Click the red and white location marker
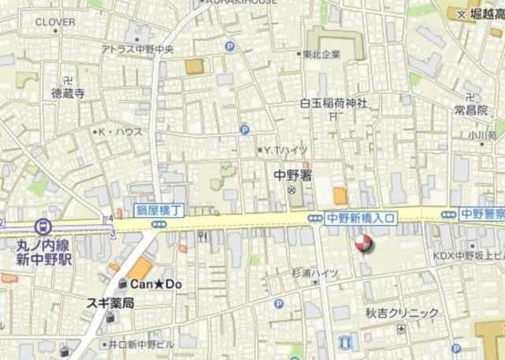(362, 245)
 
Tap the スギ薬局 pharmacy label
(110, 302)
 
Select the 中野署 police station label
(294, 177)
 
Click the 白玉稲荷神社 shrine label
(334, 103)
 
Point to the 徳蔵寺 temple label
(68, 92)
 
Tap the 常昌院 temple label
(470, 110)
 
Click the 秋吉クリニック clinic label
(401, 313)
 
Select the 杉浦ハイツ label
(315, 273)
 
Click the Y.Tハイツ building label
(286, 149)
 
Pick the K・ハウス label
(118, 132)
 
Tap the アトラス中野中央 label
(137, 49)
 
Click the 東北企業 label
(322, 54)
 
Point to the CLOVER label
(55, 22)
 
